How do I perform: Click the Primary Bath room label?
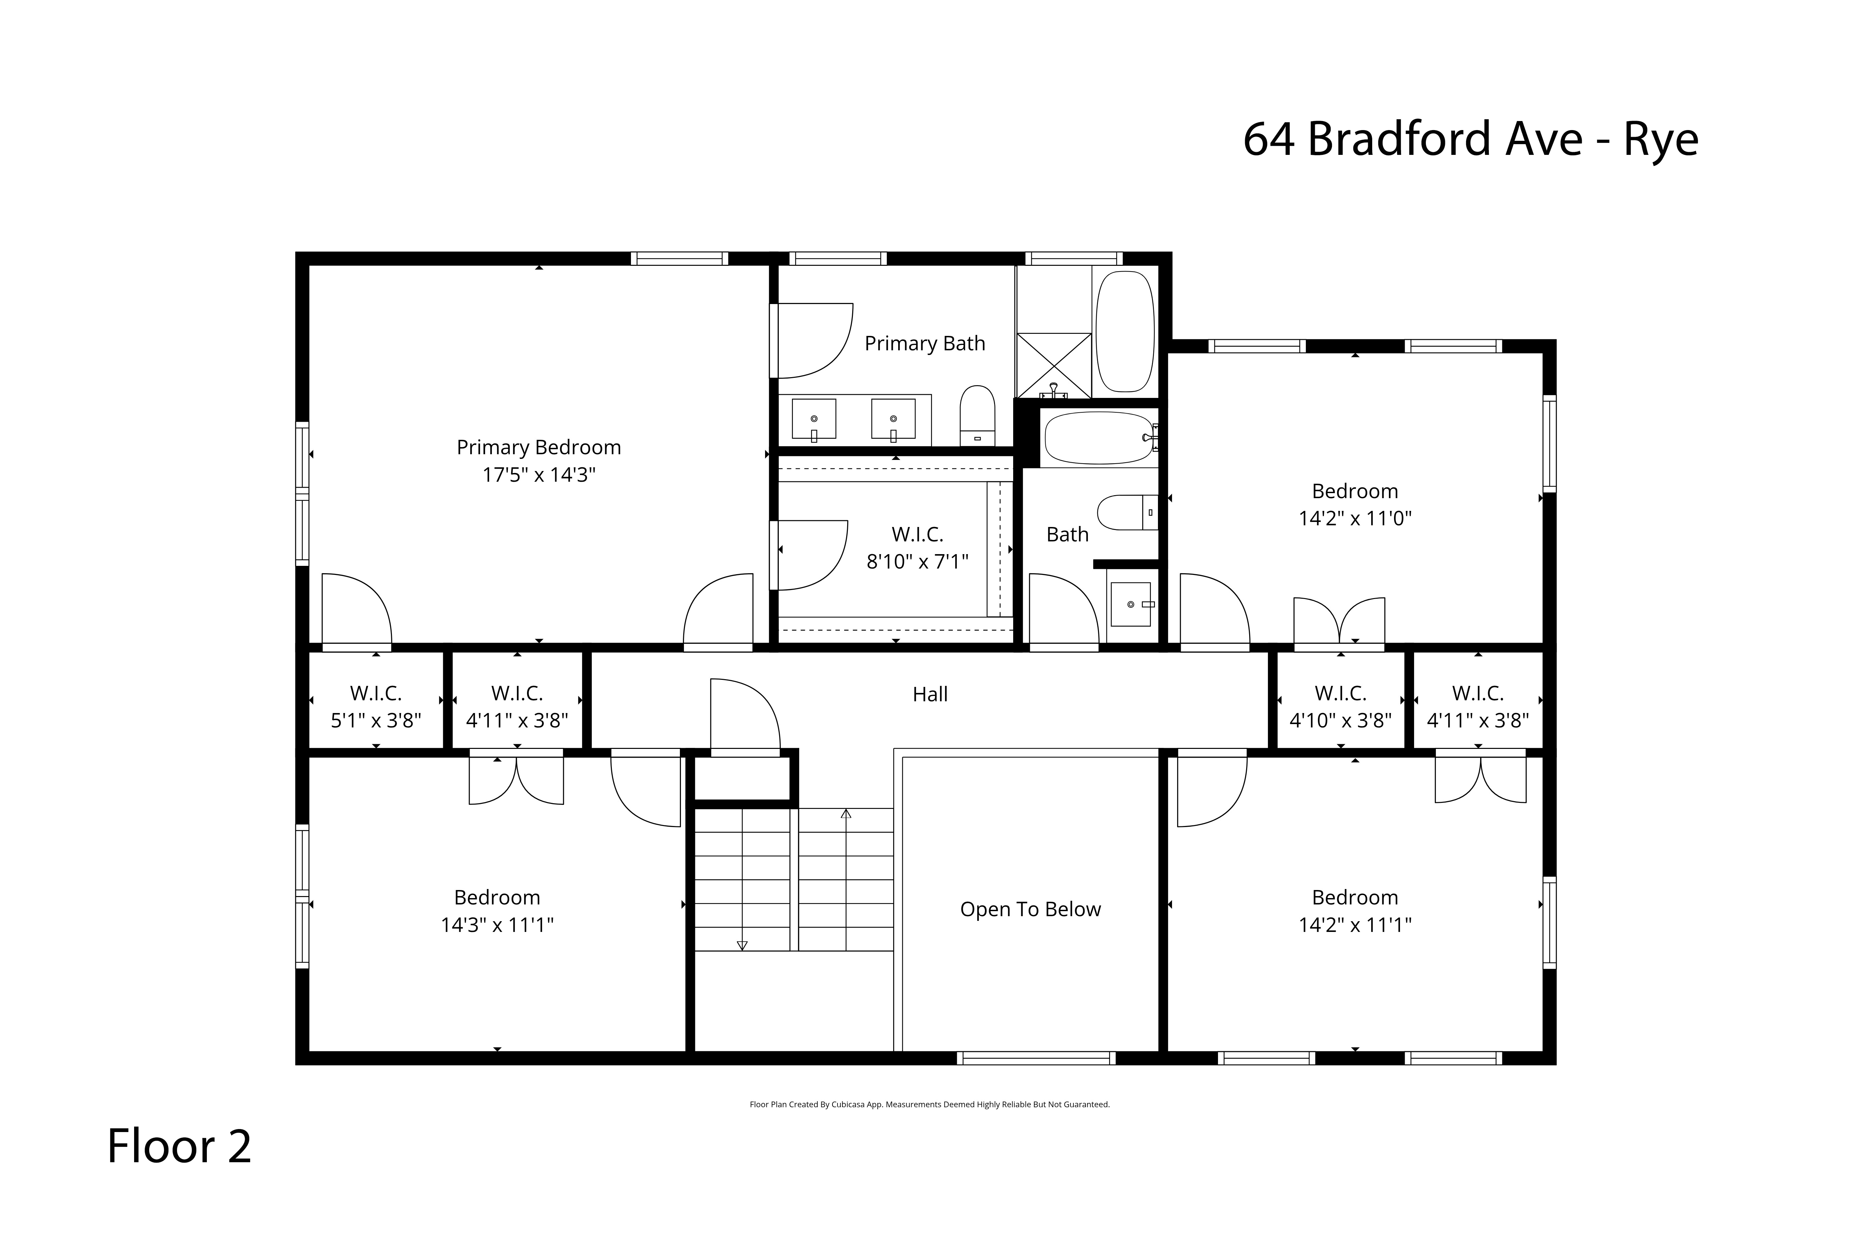pyautogui.click(x=924, y=343)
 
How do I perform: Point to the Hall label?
pyautogui.click(x=930, y=694)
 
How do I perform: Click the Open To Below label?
pyautogui.click(x=1031, y=909)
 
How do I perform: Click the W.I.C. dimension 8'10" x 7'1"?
pyautogui.click(x=917, y=562)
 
